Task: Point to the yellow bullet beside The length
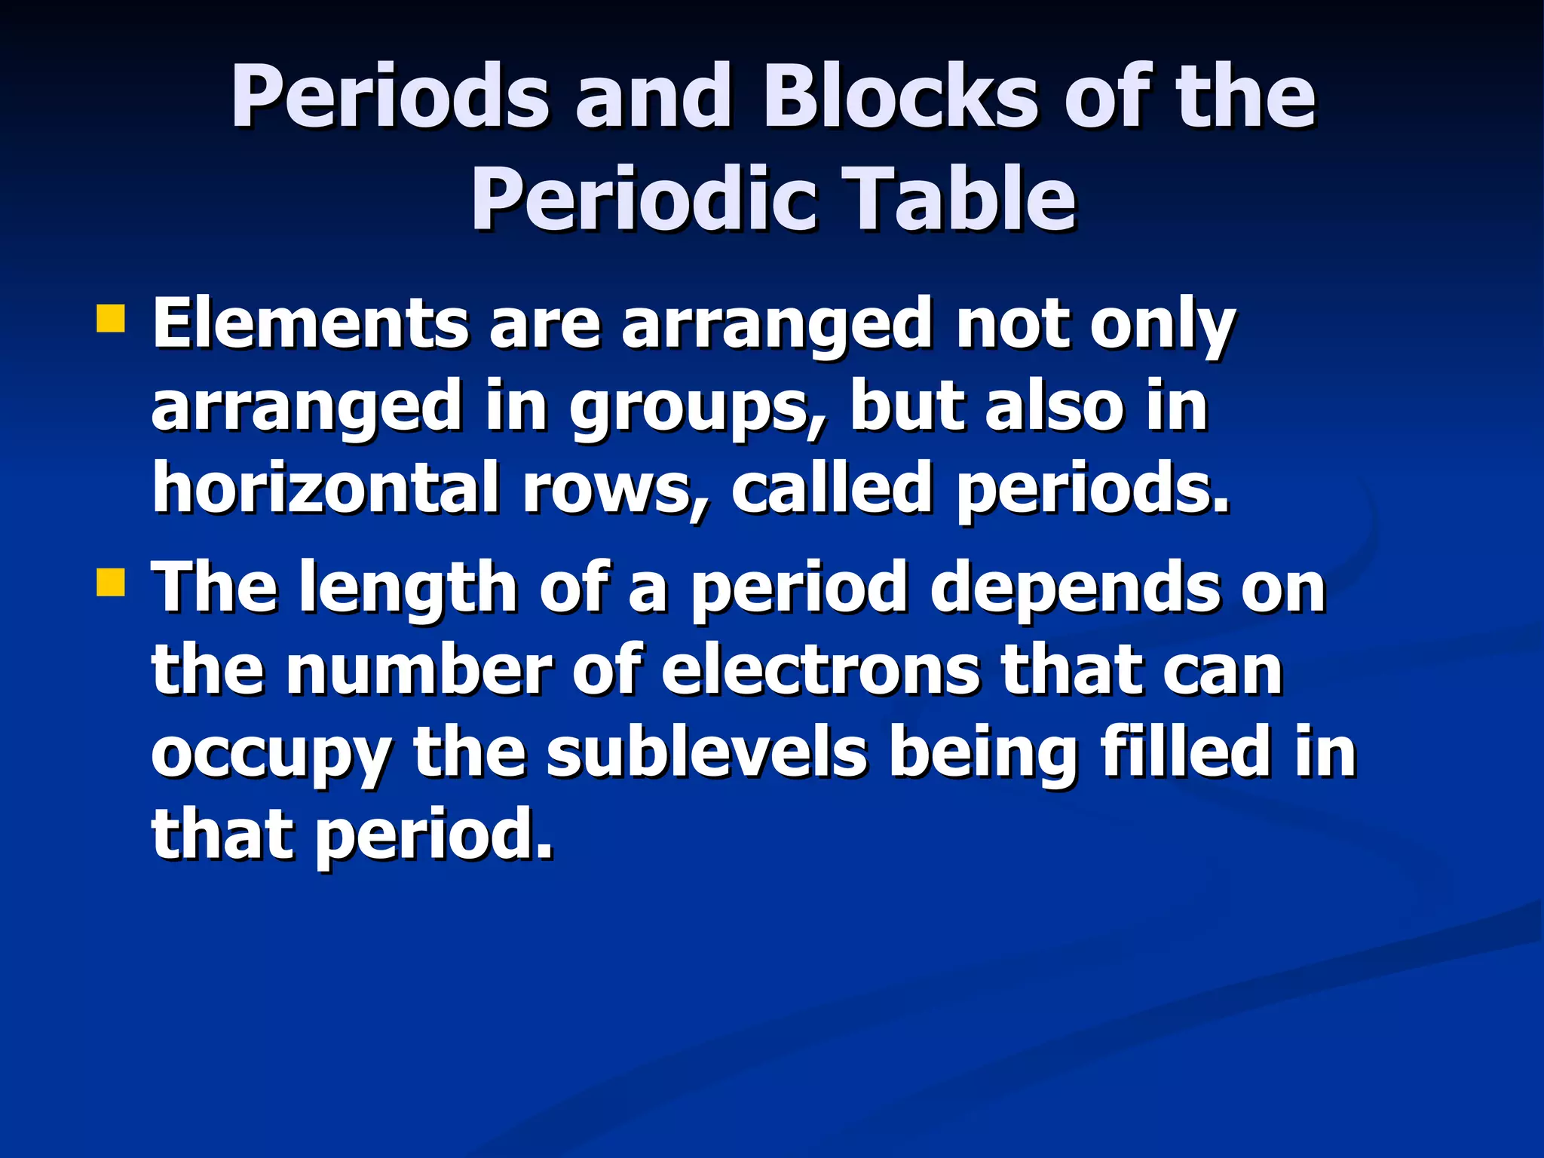pyautogui.click(x=110, y=582)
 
